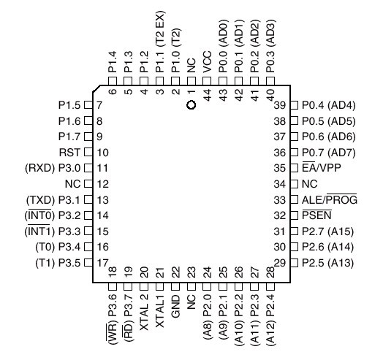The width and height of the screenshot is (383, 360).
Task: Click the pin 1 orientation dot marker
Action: coord(191,105)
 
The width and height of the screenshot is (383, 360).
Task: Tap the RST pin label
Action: coord(69,153)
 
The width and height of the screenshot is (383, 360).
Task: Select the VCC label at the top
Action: coord(208,62)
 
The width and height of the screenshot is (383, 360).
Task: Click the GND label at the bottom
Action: coord(176,307)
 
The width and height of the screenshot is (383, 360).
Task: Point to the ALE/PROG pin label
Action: coord(330,199)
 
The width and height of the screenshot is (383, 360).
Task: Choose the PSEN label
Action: coord(316,215)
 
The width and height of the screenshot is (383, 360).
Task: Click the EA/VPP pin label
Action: coord(322,167)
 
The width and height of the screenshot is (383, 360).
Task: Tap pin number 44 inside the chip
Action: coord(208,95)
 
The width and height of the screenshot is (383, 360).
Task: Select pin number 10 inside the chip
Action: coord(103,153)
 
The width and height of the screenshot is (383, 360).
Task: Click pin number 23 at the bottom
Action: coord(191,272)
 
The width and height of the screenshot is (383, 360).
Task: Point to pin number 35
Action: coord(280,168)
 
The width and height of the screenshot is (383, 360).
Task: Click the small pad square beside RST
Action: coord(88,153)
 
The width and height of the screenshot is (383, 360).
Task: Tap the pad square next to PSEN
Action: coord(294,215)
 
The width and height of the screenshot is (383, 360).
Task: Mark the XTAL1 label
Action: coord(160,311)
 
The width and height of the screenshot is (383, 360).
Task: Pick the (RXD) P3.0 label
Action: coord(53,168)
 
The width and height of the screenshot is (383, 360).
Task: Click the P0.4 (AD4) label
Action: coord(329,105)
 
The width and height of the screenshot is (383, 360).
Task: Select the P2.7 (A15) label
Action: coord(327,231)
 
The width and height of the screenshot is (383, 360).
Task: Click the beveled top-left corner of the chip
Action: coord(96,88)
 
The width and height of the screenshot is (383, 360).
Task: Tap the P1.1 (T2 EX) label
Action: coord(161,42)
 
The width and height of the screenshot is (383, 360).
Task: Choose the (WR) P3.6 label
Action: coord(112,319)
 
